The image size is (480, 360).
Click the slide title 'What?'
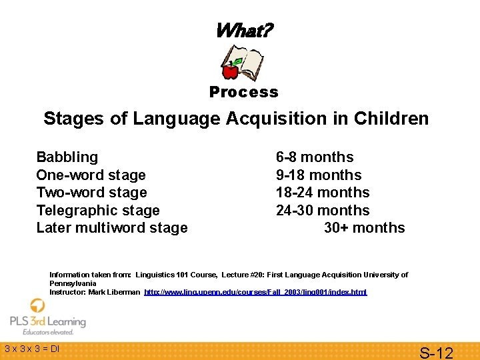click(x=243, y=30)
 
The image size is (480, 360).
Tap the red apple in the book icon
click(x=231, y=69)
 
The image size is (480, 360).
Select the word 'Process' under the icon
click(x=243, y=92)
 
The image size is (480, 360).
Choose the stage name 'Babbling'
click(x=67, y=157)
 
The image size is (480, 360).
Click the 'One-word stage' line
click(x=91, y=175)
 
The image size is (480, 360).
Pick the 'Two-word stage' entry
click(x=91, y=193)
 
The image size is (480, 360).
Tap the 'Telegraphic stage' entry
click(x=98, y=211)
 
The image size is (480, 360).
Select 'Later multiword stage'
click(x=112, y=228)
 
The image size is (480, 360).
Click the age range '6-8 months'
click(x=315, y=157)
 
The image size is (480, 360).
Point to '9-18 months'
click(x=319, y=175)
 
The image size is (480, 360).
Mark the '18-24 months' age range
click(x=323, y=193)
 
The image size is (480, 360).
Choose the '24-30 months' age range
click(x=323, y=211)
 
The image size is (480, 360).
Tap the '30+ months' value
click(x=364, y=228)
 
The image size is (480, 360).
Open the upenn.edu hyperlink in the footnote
click(x=255, y=292)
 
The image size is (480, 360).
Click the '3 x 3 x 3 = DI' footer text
click(x=32, y=348)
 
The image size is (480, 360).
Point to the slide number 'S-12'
click(x=435, y=352)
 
